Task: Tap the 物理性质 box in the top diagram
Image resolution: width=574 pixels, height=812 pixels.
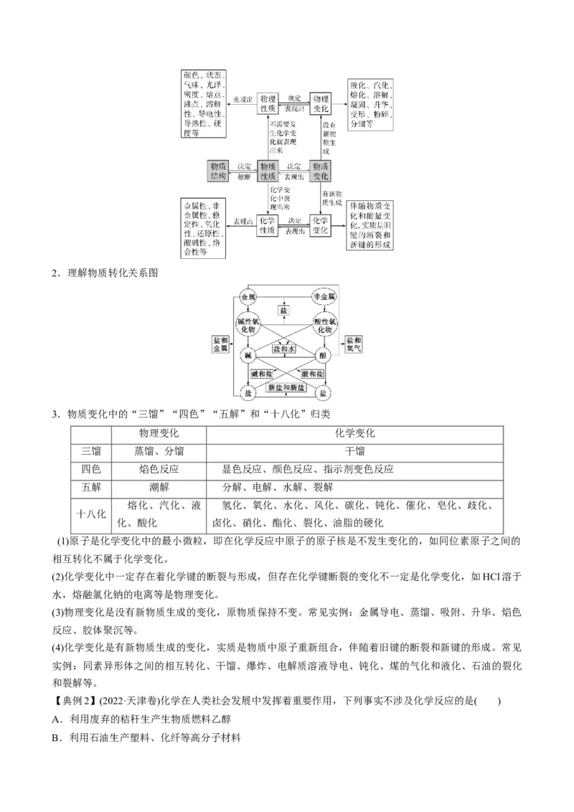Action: pos(268,103)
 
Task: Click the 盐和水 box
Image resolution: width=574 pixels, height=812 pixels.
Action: pos(285,347)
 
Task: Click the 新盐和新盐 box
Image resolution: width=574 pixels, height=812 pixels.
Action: pos(286,387)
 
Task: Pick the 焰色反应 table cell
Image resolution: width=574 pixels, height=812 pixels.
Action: pos(159,469)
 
